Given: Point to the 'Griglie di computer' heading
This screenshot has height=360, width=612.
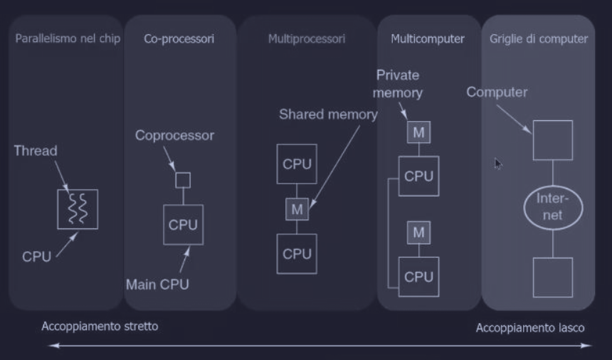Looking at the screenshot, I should point(539,38).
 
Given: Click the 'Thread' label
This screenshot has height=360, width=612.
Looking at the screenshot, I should point(35,151).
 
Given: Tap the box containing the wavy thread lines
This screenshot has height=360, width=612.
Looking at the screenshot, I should point(77,209).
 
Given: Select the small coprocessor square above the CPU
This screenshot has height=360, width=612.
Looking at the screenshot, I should point(183,179).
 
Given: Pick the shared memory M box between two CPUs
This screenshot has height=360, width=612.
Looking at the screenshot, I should point(297,209).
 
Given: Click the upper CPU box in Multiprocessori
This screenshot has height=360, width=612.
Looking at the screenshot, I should point(297,164).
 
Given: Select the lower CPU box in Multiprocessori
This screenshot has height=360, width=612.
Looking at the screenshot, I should point(297,253).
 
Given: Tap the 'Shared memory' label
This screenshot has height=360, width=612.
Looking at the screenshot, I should point(328,115).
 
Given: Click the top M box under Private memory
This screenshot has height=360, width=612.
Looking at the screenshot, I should point(418,132).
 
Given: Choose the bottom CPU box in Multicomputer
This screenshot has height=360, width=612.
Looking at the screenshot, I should point(418,277).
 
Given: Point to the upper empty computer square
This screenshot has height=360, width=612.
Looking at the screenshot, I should point(553,140).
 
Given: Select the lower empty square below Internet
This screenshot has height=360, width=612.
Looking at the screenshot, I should point(553,277).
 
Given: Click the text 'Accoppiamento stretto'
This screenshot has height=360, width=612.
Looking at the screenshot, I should point(100,327).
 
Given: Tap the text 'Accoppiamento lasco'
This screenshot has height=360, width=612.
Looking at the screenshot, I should point(531,329).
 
